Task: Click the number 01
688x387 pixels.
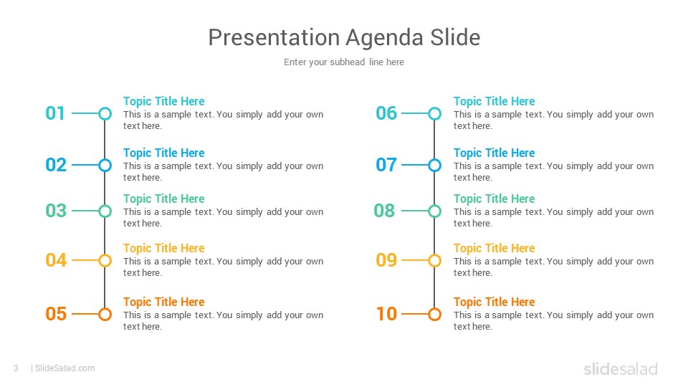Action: pyautogui.click(x=55, y=113)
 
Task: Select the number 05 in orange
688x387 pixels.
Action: pyautogui.click(x=56, y=314)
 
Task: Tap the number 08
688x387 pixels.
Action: pyautogui.click(x=384, y=211)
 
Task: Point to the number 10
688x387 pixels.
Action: pyautogui.click(x=386, y=314)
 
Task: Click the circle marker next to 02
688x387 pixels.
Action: pyautogui.click(x=105, y=166)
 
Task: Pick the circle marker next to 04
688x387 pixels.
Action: pyautogui.click(x=105, y=261)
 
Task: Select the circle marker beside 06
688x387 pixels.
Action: pyautogui.click(x=435, y=114)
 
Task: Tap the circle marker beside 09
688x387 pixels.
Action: pyautogui.click(x=435, y=261)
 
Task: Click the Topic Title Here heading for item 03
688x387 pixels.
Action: pyautogui.click(x=163, y=199)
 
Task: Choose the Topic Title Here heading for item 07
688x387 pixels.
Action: pyautogui.click(x=494, y=153)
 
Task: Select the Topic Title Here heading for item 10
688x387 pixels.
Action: pyautogui.click(x=494, y=302)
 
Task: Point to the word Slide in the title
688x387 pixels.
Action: pyautogui.click(x=455, y=37)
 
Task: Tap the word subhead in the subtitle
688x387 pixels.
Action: pyautogui.click(x=347, y=62)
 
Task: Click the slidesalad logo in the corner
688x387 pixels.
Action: pyautogui.click(x=621, y=368)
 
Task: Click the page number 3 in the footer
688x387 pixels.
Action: pyautogui.click(x=16, y=368)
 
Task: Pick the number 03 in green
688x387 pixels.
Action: pyautogui.click(x=56, y=211)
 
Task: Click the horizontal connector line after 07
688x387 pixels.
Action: pyautogui.click(x=415, y=166)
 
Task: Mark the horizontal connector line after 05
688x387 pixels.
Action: pyautogui.click(x=85, y=314)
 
